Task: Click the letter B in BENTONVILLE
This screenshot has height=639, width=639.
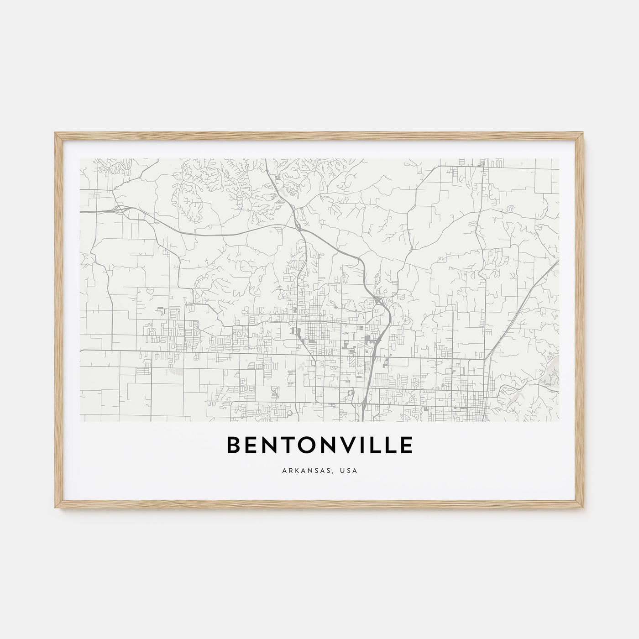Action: [234, 446]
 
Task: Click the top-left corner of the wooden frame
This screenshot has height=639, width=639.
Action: [55, 132]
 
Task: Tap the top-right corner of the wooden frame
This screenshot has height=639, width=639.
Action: [585, 132]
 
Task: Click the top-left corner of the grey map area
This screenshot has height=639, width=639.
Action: [80, 159]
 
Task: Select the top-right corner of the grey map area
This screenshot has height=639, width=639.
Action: [559, 159]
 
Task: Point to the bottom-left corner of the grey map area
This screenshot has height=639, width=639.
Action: [80, 421]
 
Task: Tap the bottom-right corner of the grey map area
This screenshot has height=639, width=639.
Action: [559, 421]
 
